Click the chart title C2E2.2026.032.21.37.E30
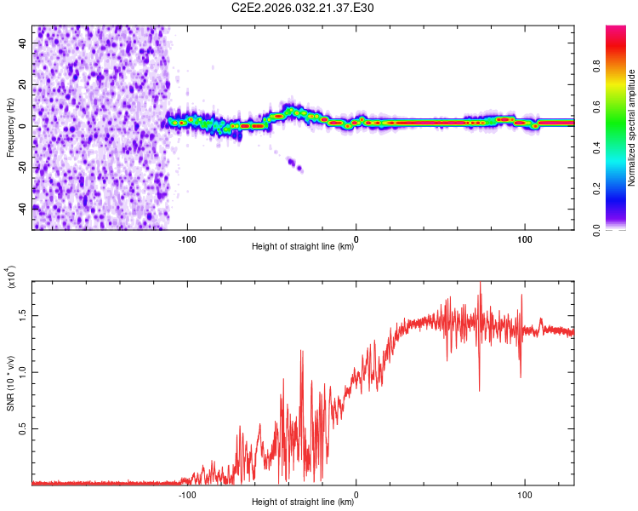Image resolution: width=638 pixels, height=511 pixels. [x=303, y=8]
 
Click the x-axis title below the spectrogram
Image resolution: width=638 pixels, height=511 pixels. [x=303, y=247]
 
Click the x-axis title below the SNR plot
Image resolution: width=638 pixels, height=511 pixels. [x=303, y=502]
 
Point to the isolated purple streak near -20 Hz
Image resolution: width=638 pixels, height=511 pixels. [x=295, y=164]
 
